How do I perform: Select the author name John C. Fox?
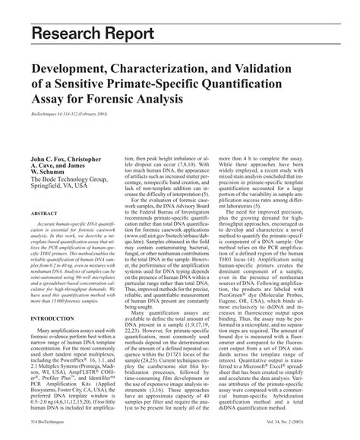(x=52, y=161)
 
